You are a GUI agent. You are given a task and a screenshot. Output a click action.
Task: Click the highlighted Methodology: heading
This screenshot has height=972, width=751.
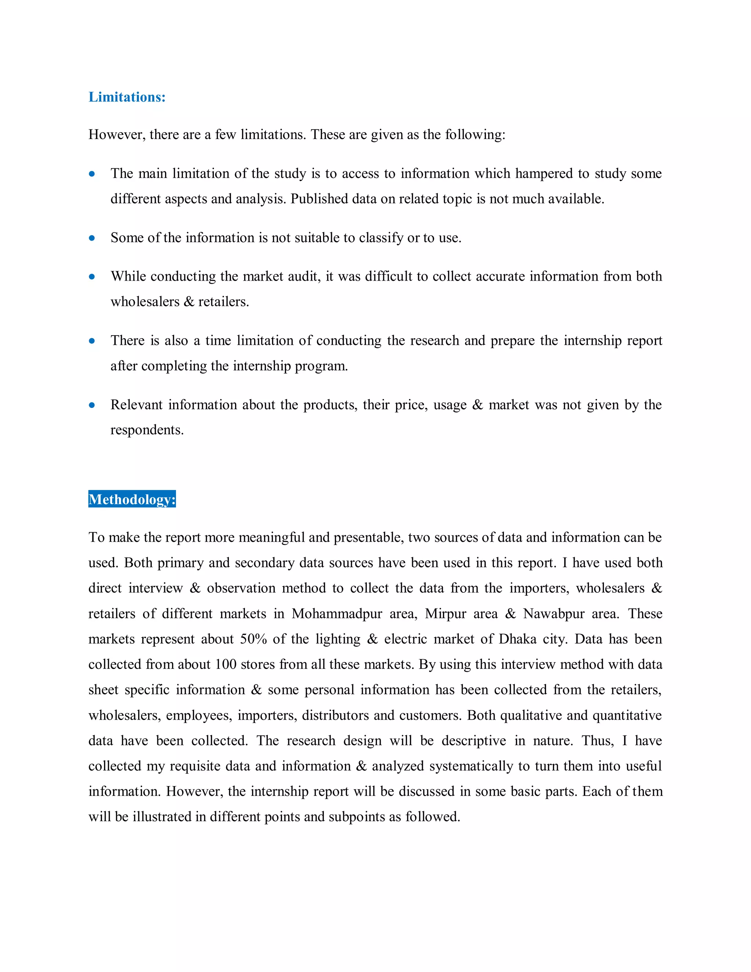tap(132, 499)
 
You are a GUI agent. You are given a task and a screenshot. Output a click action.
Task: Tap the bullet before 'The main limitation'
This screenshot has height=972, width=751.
tap(92, 173)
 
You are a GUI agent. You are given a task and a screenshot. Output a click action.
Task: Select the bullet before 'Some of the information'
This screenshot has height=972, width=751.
tap(92, 238)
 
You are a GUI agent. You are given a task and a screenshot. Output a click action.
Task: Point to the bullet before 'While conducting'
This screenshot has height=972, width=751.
tap(92, 277)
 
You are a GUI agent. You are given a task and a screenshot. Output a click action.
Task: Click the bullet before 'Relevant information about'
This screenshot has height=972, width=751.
tap(92, 405)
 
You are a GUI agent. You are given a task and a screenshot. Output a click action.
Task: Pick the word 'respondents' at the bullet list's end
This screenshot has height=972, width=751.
tap(146, 430)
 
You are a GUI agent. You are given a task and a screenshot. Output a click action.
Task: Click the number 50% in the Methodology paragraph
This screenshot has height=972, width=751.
tap(253, 639)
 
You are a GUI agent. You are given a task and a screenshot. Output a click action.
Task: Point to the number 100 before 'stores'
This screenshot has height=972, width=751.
tap(226, 665)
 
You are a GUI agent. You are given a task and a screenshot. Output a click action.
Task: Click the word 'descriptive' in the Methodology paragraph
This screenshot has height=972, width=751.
tap(473, 741)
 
